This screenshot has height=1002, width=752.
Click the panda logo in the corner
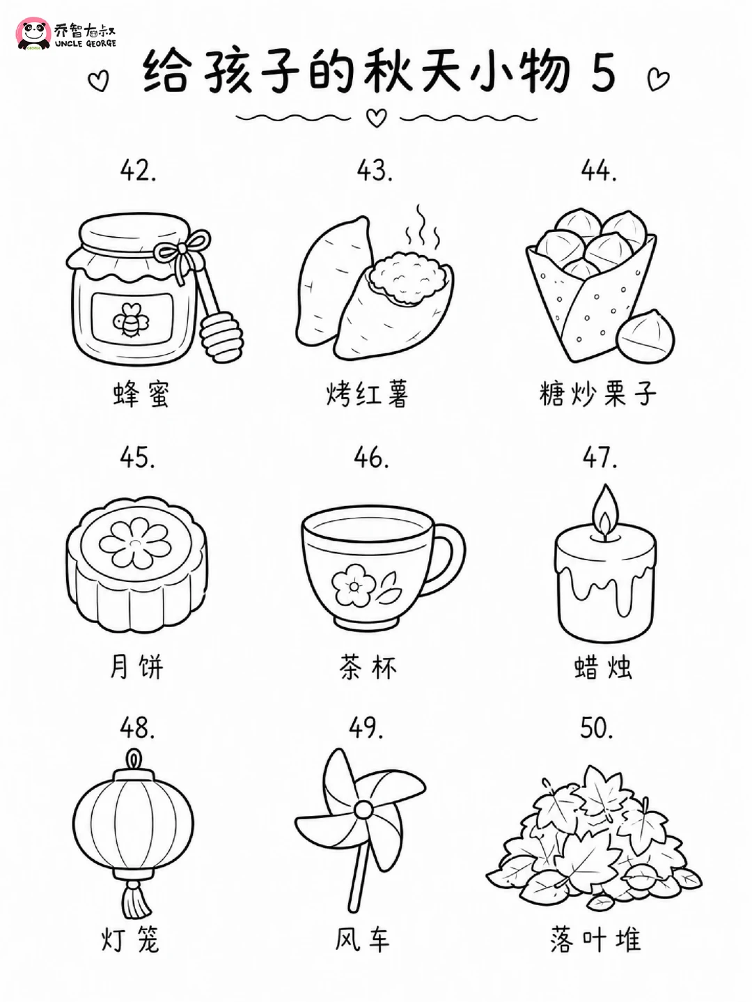pyautogui.click(x=33, y=33)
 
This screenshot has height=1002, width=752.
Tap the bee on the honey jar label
pyautogui.click(x=131, y=320)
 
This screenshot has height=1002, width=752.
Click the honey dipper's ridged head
pyautogui.click(x=221, y=337)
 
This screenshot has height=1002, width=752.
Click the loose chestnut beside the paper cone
pyautogui.click(x=645, y=335)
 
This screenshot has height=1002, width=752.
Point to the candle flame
pyautogui.click(x=605, y=513)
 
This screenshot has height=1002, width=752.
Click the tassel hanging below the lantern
pyautogui.click(x=134, y=897)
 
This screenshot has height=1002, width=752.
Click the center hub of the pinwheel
pyautogui.click(x=363, y=810)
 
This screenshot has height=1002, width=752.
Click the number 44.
pyautogui.click(x=599, y=171)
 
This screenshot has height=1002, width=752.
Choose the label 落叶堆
pyautogui.click(x=596, y=939)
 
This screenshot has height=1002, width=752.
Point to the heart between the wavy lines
pyautogui.click(x=377, y=118)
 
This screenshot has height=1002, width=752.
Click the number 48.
pyautogui.click(x=138, y=728)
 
